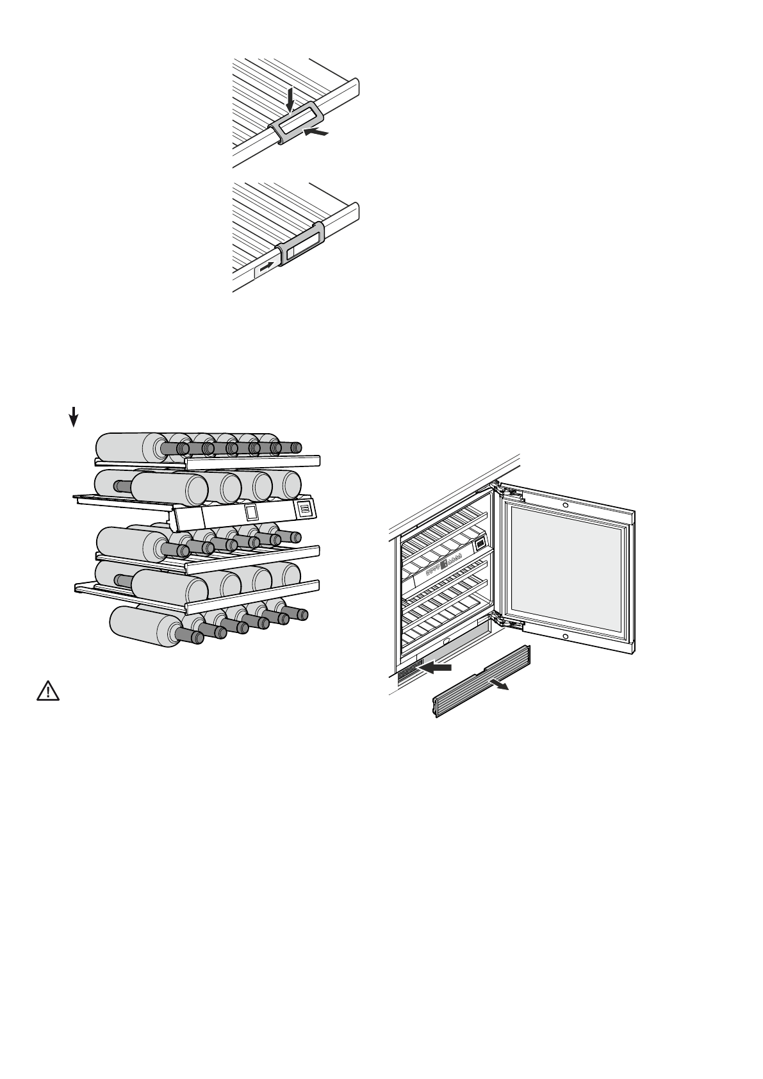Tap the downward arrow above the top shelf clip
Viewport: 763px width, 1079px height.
point(290,99)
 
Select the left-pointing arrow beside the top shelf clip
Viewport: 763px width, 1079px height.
point(317,132)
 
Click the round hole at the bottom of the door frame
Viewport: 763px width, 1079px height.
point(566,636)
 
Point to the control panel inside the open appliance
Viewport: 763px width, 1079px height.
point(448,564)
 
